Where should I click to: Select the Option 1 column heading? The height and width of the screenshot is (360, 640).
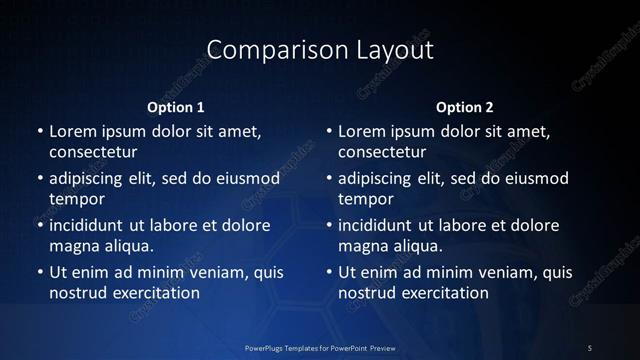tap(176, 107)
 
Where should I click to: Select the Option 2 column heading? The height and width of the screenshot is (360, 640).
tap(465, 107)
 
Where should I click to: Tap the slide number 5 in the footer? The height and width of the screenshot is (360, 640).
tap(590, 348)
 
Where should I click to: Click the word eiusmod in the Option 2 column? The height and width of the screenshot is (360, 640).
tap(535, 179)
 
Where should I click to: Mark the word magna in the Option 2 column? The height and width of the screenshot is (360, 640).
tap(362, 246)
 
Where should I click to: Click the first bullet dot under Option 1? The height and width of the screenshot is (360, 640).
tap(40, 132)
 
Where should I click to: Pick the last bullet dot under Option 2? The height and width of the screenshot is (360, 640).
tap(329, 273)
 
